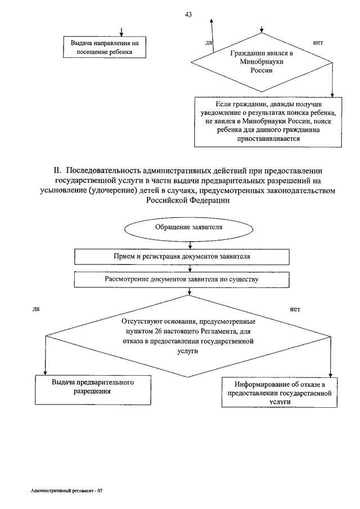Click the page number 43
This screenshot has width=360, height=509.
(188, 14)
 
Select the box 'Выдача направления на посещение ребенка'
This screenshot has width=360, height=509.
(105, 47)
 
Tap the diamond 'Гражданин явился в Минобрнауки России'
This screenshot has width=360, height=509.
(262, 62)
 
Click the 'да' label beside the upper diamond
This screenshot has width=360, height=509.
(208, 43)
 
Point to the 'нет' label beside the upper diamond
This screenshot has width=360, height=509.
(318, 43)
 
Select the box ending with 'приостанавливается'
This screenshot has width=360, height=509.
(268, 122)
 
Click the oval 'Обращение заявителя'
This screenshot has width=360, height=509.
(189, 228)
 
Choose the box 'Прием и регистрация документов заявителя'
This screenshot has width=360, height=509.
(182, 257)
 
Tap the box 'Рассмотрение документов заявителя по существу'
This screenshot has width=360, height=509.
(182, 280)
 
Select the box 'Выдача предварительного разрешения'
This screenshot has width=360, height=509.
(93, 390)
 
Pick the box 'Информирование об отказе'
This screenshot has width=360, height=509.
(280, 392)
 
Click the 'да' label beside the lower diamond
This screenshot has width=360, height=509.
(36, 309)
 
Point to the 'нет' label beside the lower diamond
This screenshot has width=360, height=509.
(295, 309)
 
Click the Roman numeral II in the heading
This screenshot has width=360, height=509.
(57, 171)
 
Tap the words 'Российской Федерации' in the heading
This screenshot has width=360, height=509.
(188, 200)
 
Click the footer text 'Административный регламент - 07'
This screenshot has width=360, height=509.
(66, 491)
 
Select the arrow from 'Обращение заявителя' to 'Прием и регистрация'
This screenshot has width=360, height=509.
(190, 245)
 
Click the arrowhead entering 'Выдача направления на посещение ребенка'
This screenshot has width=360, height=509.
(121, 34)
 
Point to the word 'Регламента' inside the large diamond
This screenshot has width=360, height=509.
(218, 331)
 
